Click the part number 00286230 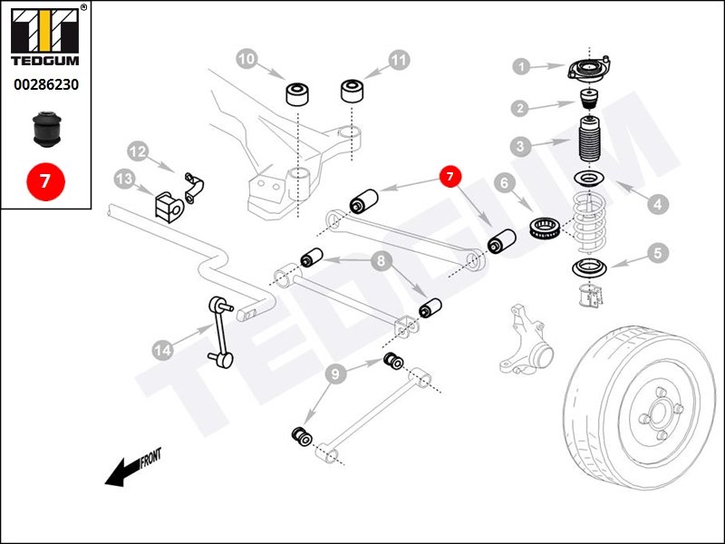pyautogui.click(x=45, y=84)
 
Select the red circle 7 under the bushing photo pyautogui.click(x=45, y=179)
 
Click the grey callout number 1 pyautogui.click(x=520, y=65)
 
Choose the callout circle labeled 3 pyautogui.click(x=519, y=145)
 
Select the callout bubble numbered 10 pyautogui.click(x=246, y=60)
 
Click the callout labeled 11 pyautogui.click(x=399, y=61)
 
